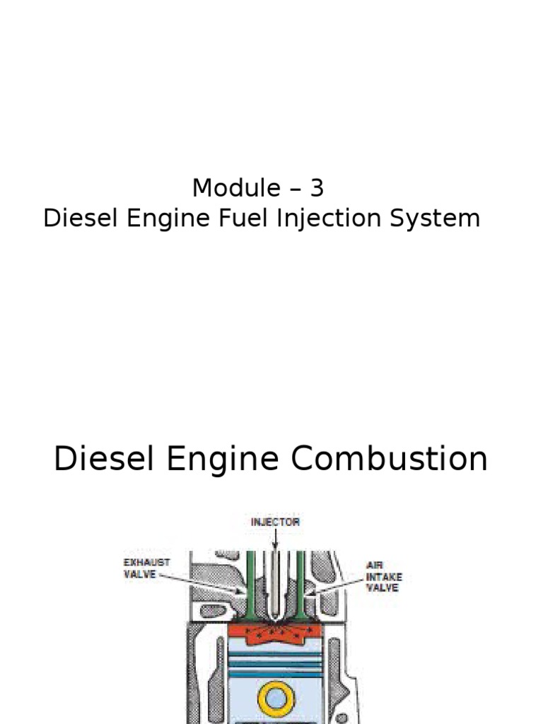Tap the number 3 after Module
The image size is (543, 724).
pyautogui.click(x=317, y=188)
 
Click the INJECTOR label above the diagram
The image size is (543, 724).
pyautogui.click(x=276, y=522)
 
